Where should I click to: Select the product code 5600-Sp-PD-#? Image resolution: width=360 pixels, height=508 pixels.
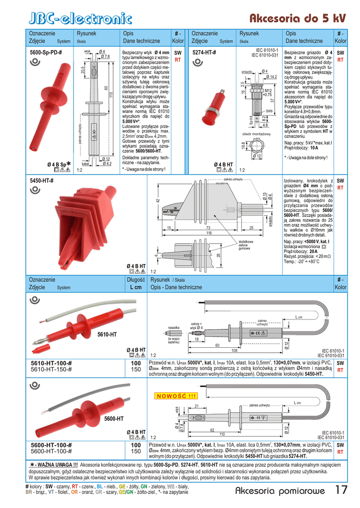point(46,52)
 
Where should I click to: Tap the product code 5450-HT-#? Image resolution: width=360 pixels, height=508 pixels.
point(42,181)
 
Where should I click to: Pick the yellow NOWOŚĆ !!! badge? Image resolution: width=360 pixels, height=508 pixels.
point(176,395)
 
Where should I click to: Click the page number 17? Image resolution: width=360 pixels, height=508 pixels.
point(341,491)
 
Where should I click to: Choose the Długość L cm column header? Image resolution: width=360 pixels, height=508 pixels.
point(133,283)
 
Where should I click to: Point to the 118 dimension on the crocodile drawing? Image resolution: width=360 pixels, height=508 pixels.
point(209,233)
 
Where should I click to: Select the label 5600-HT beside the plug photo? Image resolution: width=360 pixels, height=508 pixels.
point(114,419)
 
